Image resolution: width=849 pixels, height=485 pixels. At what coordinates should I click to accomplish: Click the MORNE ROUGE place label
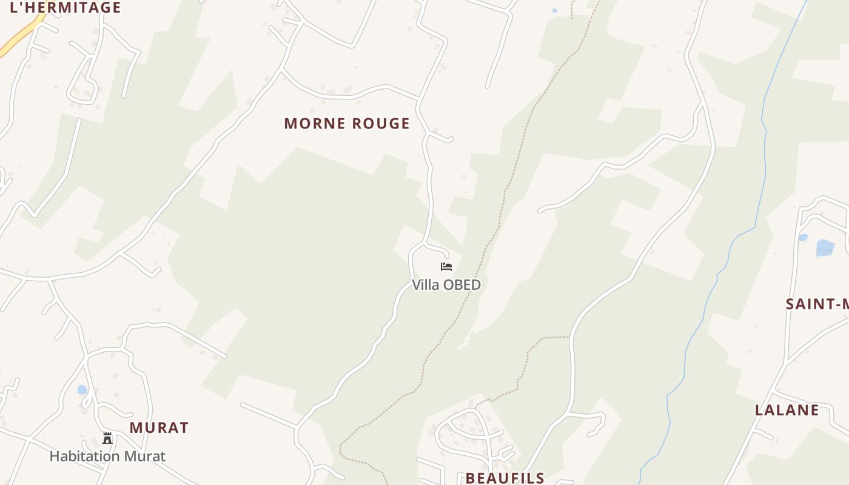[x=347, y=124]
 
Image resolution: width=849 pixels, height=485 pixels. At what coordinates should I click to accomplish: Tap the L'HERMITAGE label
[x=65, y=8]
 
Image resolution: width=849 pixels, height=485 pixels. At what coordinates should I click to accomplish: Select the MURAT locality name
[x=159, y=427]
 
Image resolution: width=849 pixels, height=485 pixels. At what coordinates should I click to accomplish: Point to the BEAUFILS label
[x=505, y=478]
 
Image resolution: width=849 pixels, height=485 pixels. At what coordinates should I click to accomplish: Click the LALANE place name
[x=787, y=410]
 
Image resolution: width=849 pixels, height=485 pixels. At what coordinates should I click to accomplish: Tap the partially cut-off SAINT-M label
[x=816, y=304]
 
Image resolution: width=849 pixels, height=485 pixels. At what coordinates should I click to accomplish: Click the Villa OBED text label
[x=446, y=285]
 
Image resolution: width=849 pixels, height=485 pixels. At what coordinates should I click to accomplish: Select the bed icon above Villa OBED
[x=446, y=267]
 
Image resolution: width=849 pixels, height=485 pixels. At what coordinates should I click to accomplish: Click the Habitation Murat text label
[x=107, y=456]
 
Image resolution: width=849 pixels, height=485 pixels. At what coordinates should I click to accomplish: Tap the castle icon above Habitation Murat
[x=107, y=438]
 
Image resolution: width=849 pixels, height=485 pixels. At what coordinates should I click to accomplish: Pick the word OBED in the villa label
[x=463, y=285]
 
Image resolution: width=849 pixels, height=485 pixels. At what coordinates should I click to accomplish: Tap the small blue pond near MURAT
[x=82, y=390]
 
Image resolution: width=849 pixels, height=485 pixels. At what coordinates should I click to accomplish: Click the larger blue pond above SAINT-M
[x=825, y=247]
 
